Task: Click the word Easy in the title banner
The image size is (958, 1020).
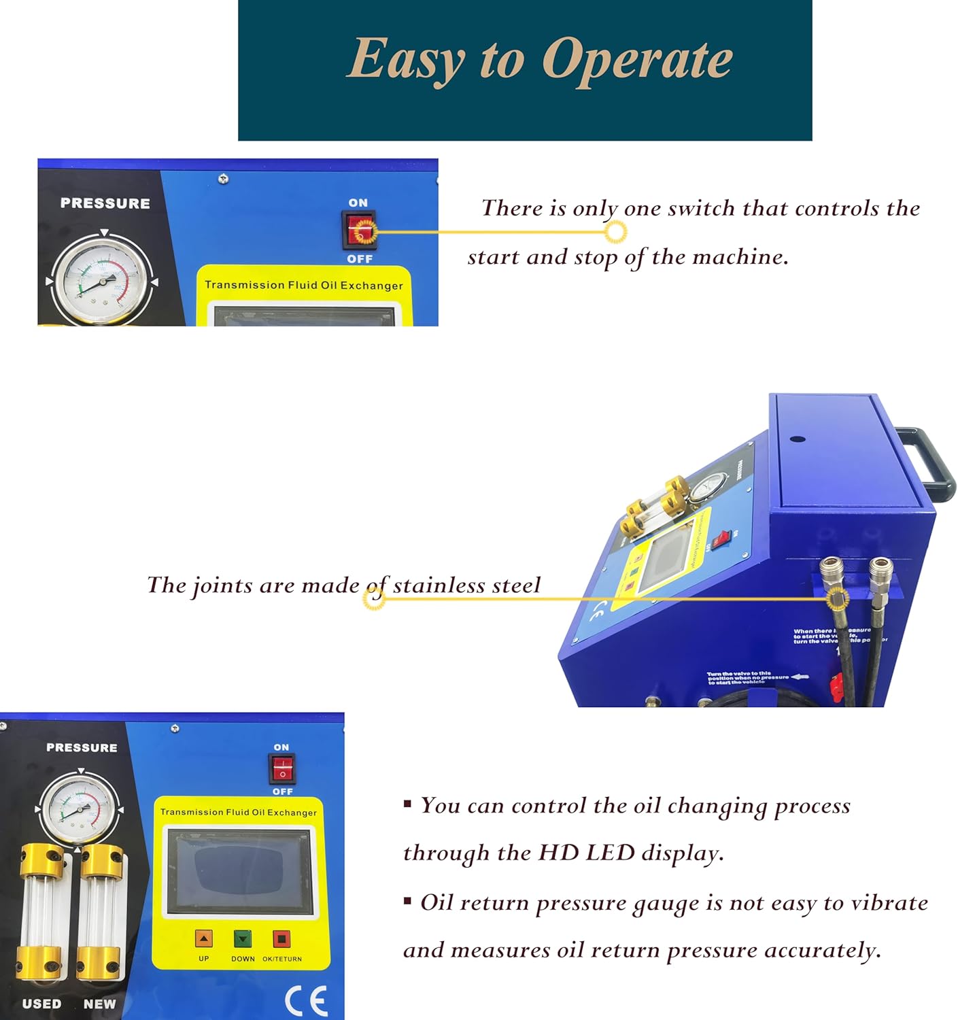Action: pyautogui.click(x=405, y=58)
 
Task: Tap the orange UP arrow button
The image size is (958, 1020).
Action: pyautogui.click(x=204, y=939)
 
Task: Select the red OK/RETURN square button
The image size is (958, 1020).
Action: pyautogui.click(x=281, y=939)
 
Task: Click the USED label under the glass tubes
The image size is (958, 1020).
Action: pyautogui.click(x=41, y=1004)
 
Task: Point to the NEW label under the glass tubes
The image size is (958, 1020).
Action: pyautogui.click(x=100, y=1004)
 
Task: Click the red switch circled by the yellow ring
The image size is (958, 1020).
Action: pyautogui.click(x=358, y=231)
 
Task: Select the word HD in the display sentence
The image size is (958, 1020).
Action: pyautogui.click(x=559, y=853)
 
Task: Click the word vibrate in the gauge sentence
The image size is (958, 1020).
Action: pyautogui.click(x=889, y=903)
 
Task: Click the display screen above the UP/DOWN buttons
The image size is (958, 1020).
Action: pyautogui.click(x=240, y=871)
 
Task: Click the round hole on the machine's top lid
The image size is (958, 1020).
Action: pyautogui.click(x=799, y=440)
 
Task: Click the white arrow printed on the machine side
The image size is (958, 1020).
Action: pyautogui.click(x=800, y=677)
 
